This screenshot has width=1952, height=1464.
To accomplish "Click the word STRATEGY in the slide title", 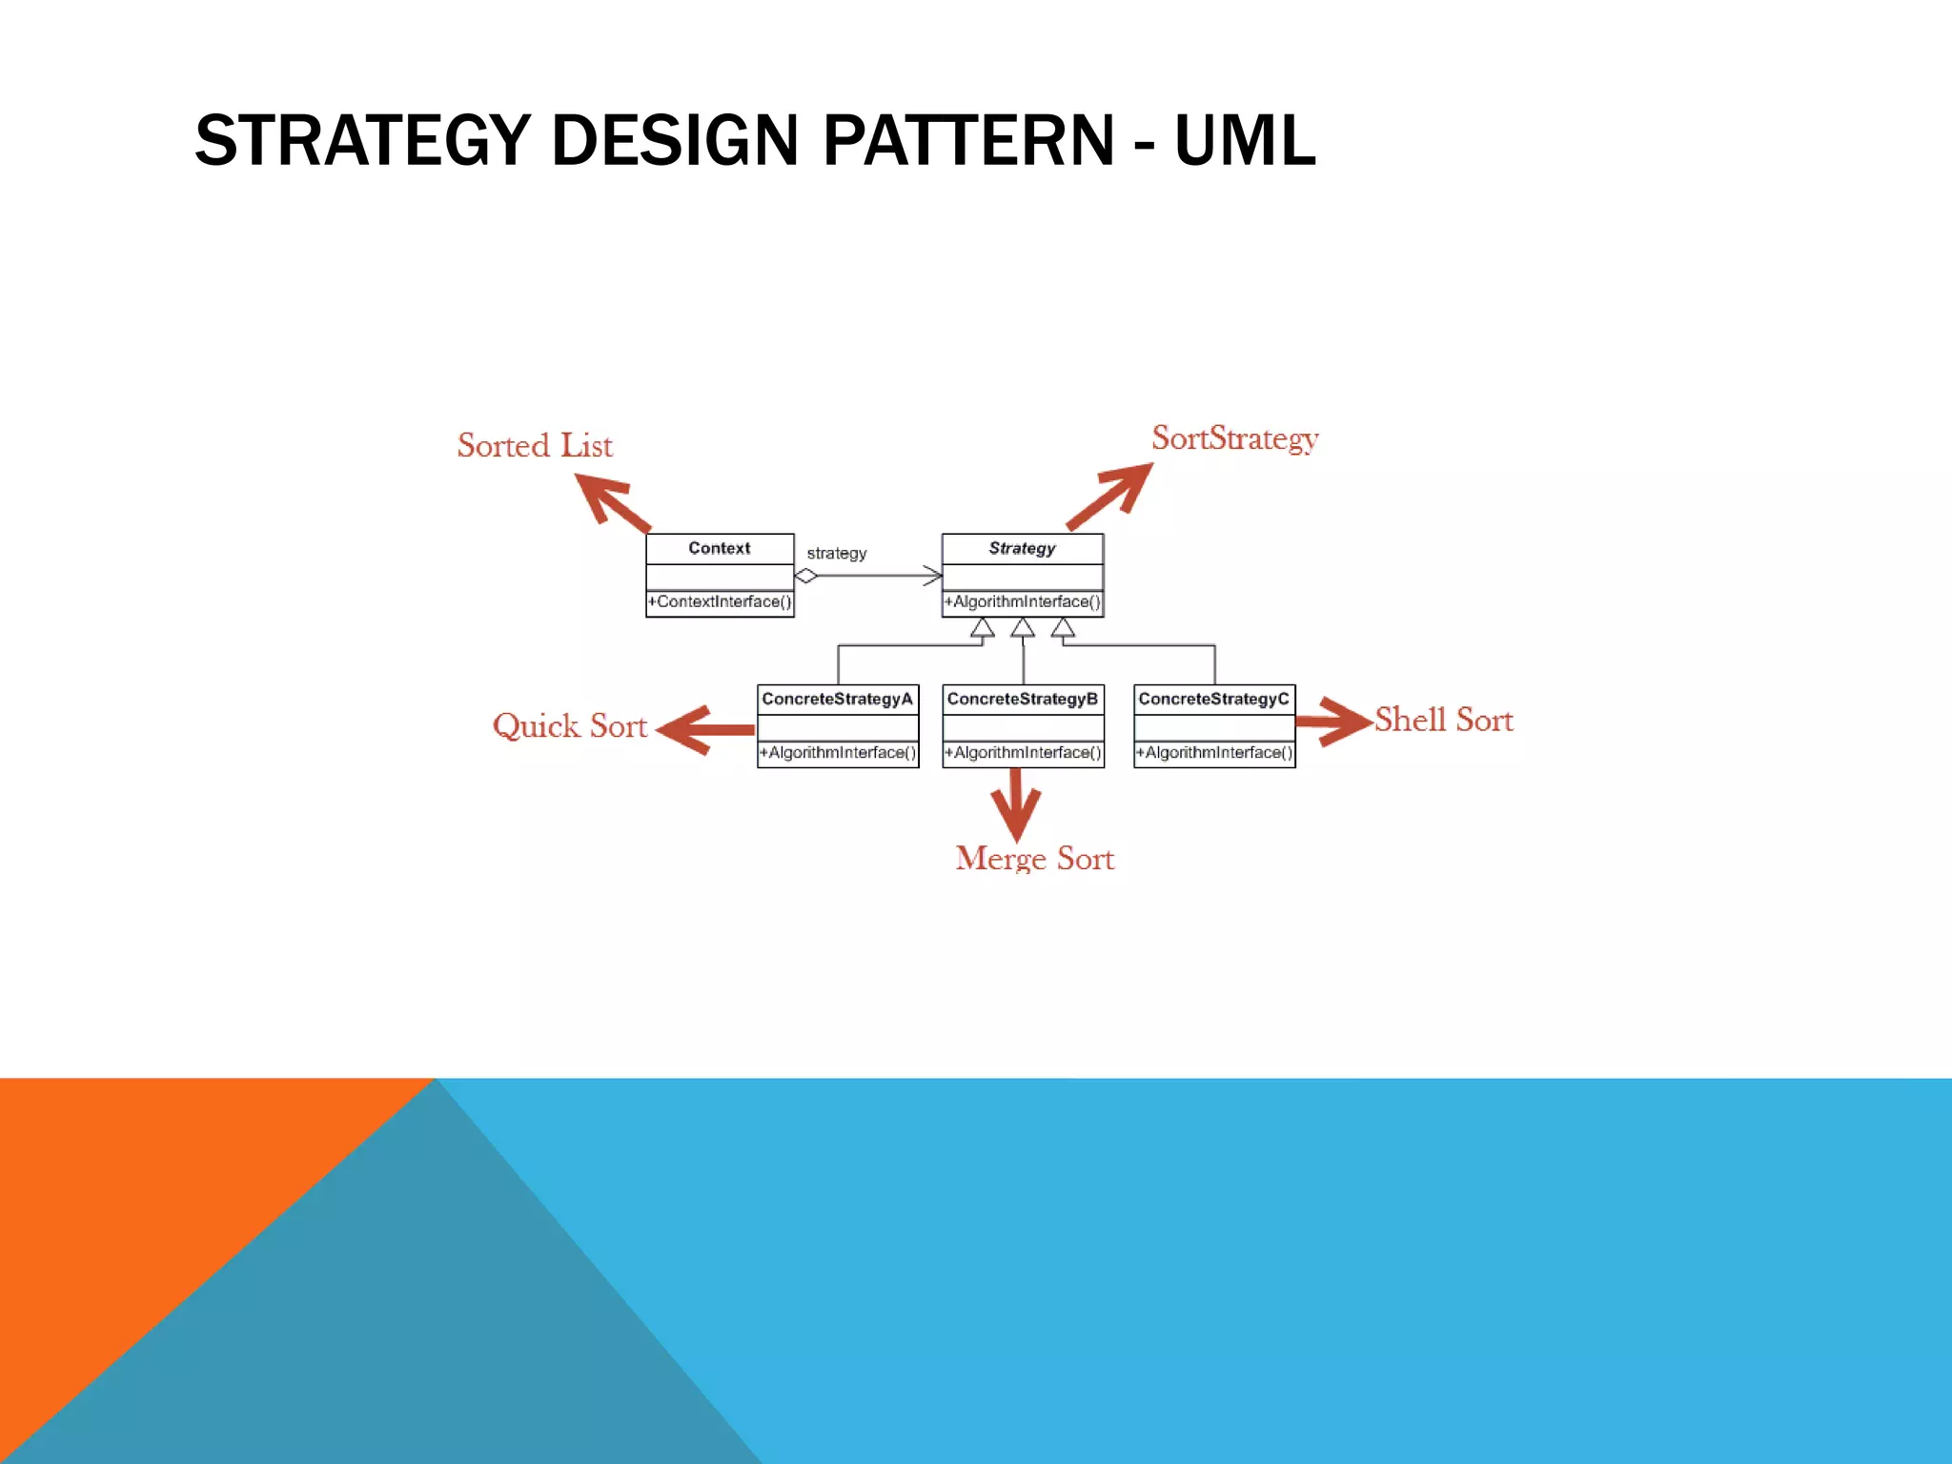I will pyautogui.click(x=362, y=140).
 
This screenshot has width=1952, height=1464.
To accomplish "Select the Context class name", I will pyautogui.click(x=720, y=548).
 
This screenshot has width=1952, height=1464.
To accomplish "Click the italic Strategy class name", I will pyautogui.click(x=1022, y=548).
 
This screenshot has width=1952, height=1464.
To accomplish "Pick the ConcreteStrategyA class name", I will pyautogui.click(x=837, y=699).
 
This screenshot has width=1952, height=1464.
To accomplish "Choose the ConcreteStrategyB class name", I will pyautogui.click(x=1022, y=699).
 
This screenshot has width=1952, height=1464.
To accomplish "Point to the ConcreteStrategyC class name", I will pyautogui.click(x=1213, y=699).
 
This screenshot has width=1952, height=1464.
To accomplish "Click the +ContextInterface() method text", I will pyautogui.click(x=720, y=601).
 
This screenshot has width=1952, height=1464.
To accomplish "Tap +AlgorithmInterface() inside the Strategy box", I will pyautogui.click(x=1022, y=601).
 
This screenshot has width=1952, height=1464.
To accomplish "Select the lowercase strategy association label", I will pyautogui.click(x=837, y=553).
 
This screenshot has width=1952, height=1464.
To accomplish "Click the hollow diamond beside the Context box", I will pyautogui.click(x=806, y=576).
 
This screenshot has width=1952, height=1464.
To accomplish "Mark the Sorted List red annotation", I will pyautogui.click(x=535, y=445).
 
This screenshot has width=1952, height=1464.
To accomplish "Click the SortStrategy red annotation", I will pyautogui.click(x=1234, y=438).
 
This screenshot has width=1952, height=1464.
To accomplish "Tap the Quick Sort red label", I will pyautogui.click(x=569, y=726).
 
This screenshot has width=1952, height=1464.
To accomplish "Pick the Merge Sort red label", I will pyautogui.click(x=1034, y=858).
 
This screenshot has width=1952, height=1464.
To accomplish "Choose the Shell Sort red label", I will pyautogui.click(x=1443, y=720).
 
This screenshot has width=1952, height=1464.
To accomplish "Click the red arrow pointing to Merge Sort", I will pyautogui.click(x=1016, y=803).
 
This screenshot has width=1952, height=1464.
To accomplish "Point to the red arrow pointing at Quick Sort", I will pyautogui.click(x=705, y=730).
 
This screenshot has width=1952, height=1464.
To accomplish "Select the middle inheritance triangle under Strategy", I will pyautogui.click(x=1023, y=628).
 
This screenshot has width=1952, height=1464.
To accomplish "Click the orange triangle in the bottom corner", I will pyautogui.click(x=143, y=1191).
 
